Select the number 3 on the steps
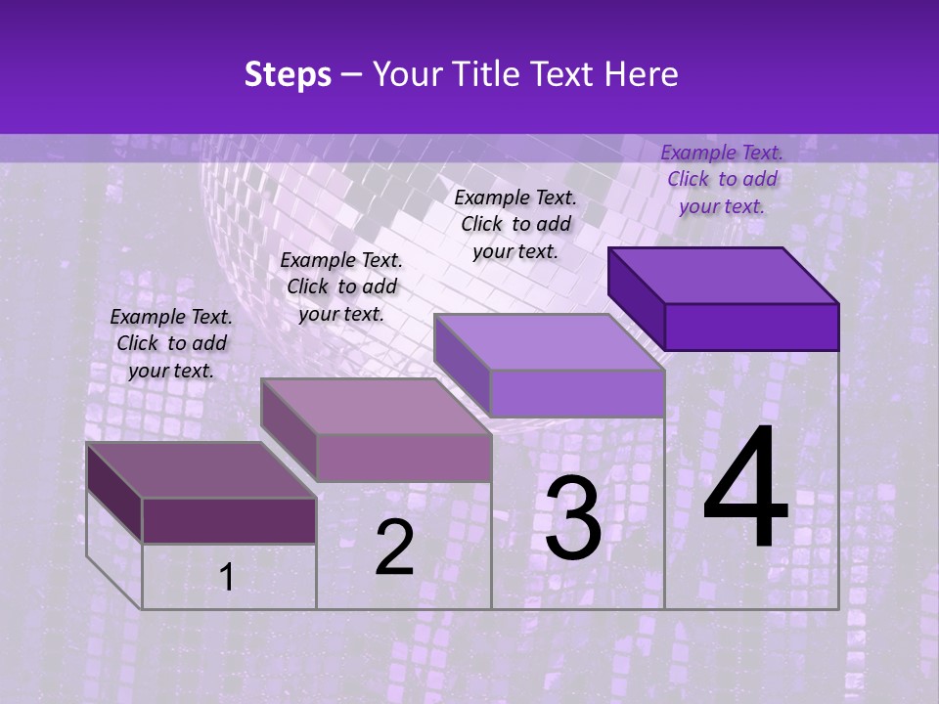click(x=572, y=519)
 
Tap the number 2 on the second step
click(x=394, y=548)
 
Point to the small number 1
click(x=227, y=578)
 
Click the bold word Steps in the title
click(x=288, y=74)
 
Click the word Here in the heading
click(x=641, y=74)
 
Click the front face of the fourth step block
click(x=751, y=327)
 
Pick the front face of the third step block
click(x=577, y=393)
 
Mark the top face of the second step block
click(x=376, y=406)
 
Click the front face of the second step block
click(x=403, y=458)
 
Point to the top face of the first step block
click(x=201, y=470)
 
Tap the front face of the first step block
click(x=229, y=520)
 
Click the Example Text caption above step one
click(x=171, y=343)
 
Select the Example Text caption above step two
click(x=341, y=286)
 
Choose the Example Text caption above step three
click(x=515, y=224)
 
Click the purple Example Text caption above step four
click(x=722, y=179)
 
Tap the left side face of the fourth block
click(x=637, y=297)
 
